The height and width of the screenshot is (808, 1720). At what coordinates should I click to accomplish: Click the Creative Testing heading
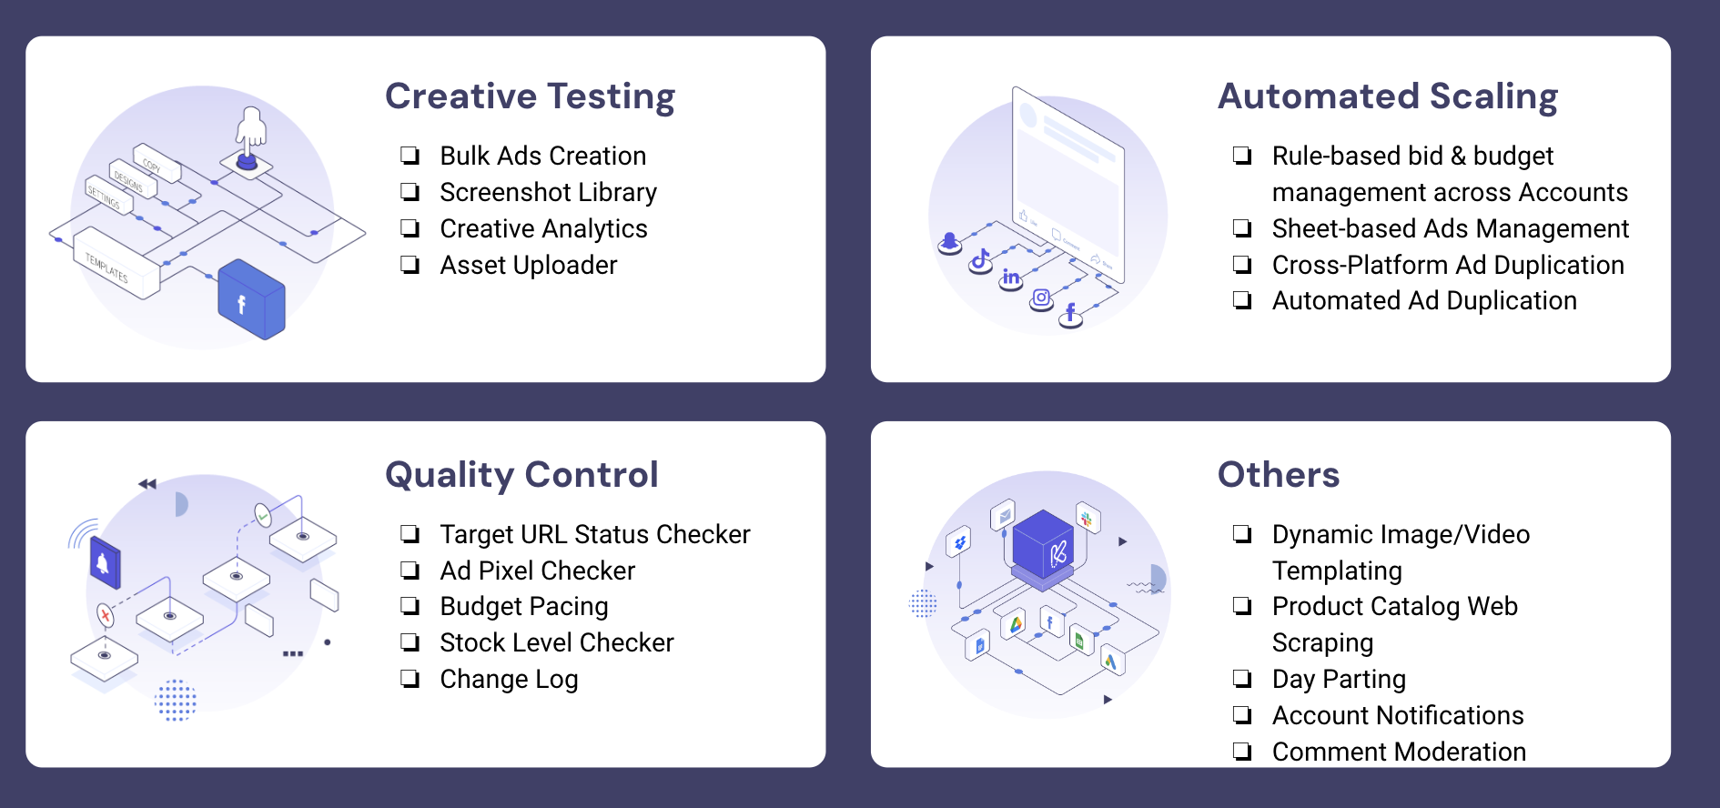pyautogui.click(x=530, y=96)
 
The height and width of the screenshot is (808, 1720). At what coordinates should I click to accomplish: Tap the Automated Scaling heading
pyautogui.click(x=1388, y=96)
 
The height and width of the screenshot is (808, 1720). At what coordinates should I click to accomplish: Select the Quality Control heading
pyautogui.click(x=521, y=475)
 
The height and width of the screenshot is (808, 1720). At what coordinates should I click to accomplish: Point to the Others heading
pyautogui.click(x=1279, y=474)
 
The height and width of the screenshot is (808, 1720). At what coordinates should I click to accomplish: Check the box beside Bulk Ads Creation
pyautogui.click(x=410, y=156)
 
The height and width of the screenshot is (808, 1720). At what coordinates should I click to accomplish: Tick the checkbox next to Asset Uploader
pyautogui.click(x=410, y=265)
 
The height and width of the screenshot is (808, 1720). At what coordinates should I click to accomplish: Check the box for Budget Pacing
pyautogui.click(x=410, y=606)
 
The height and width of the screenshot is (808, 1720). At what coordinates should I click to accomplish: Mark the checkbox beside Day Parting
pyautogui.click(x=1242, y=679)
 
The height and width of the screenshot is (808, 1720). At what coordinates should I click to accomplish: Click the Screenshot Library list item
pyautogui.click(x=548, y=193)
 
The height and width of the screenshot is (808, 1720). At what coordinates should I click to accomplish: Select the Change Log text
pyautogui.click(x=509, y=680)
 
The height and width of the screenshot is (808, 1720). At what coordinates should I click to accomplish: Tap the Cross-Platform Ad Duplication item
pyautogui.click(x=1448, y=265)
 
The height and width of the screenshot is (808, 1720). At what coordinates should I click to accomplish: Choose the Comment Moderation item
pyautogui.click(x=1399, y=752)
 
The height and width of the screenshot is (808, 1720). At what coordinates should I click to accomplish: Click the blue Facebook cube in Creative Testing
pyautogui.click(x=251, y=299)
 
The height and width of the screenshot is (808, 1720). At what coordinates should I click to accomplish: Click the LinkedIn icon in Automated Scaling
pyautogui.click(x=1010, y=278)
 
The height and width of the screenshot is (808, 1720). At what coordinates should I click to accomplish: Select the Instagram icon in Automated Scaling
pyautogui.click(x=1041, y=298)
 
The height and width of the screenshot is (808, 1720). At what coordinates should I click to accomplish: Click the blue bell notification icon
pyautogui.click(x=105, y=562)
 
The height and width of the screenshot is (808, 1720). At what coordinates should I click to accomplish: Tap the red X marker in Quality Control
pyautogui.click(x=106, y=617)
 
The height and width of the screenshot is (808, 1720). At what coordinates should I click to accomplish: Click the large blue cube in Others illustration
pyautogui.click(x=1043, y=547)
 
